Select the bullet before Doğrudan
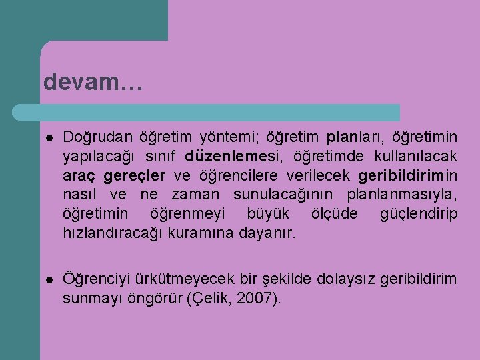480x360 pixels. pyautogui.click(x=49, y=138)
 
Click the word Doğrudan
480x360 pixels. pyautogui.click(x=98, y=137)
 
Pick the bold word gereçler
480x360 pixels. pyautogui.click(x=136, y=176)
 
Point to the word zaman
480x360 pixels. pyautogui.click(x=194, y=195)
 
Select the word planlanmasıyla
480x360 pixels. pyautogui.click(x=402, y=195)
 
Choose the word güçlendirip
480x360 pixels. pyautogui.click(x=418, y=215)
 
